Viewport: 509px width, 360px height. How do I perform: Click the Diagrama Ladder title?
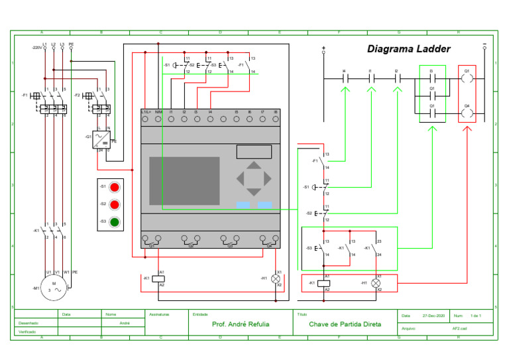[409, 49]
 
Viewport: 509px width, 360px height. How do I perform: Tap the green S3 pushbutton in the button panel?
[114, 221]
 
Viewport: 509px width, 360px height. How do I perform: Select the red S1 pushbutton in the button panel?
[114, 187]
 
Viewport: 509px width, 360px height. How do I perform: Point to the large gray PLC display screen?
[184, 180]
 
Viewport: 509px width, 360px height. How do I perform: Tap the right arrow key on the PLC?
[267, 178]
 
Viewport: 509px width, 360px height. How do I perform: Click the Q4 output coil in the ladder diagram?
[467, 113]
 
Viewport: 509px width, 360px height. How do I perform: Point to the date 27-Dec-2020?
[434, 316]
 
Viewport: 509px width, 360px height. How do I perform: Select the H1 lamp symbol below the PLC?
[276, 279]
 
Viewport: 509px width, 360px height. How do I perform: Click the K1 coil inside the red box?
[324, 283]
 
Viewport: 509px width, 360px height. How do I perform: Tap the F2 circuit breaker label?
[78, 95]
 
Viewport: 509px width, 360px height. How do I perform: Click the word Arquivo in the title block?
[409, 328]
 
